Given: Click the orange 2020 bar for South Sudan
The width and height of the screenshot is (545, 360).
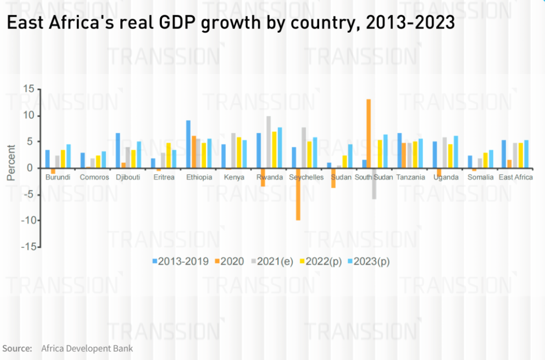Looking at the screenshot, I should [x=368, y=134].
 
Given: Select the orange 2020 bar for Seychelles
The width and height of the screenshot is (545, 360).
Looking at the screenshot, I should [x=298, y=194].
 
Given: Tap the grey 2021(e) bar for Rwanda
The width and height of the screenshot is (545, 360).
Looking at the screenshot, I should [x=269, y=142].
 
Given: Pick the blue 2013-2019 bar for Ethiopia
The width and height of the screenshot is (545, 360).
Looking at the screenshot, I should [x=188, y=144].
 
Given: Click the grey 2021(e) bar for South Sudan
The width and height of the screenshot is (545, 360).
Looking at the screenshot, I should [x=374, y=183].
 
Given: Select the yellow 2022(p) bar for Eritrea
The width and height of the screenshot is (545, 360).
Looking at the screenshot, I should [x=168, y=155].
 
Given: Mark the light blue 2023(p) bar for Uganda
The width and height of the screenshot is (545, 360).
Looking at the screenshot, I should [x=456, y=152].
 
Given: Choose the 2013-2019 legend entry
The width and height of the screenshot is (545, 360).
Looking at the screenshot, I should [x=181, y=261].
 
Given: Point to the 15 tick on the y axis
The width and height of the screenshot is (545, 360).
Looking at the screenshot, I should [x=29, y=89].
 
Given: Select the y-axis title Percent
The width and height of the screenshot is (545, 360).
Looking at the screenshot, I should [x=11, y=163].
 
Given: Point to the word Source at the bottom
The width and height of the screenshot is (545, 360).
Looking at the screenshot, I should [x=18, y=348].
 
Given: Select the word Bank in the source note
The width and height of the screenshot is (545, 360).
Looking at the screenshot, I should [x=123, y=348].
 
